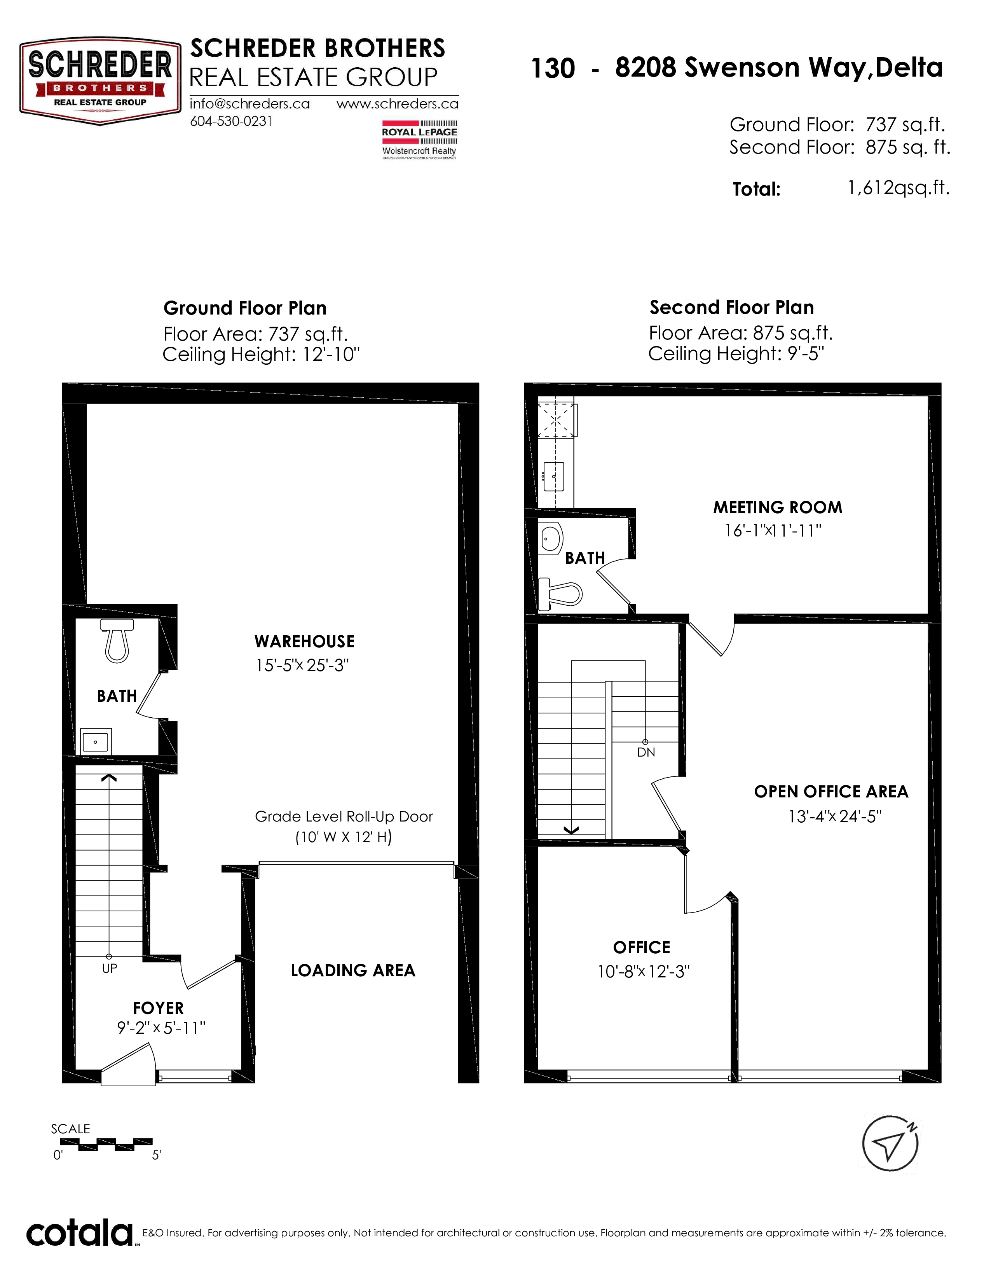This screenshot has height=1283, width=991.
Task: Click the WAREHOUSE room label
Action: click(x=304, y=641)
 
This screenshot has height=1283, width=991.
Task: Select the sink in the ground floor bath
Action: click(x=96, y=741)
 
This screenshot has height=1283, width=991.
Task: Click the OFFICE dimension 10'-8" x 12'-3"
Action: click(x=643, y=972)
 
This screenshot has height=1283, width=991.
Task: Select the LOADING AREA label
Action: click(x=353, y=970)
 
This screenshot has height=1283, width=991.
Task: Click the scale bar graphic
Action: click(x=106, y=1144)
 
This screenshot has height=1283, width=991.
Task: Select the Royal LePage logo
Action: click(x=419, y=139)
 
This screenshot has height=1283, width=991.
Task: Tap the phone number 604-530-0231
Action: click(x=231, y=121)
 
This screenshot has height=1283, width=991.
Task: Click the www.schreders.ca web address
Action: click(x=397, y=104)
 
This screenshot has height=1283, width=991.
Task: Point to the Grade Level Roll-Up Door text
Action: click(x=344, y=816)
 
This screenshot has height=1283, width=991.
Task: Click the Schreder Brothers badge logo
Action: click(x=100, y=82)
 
